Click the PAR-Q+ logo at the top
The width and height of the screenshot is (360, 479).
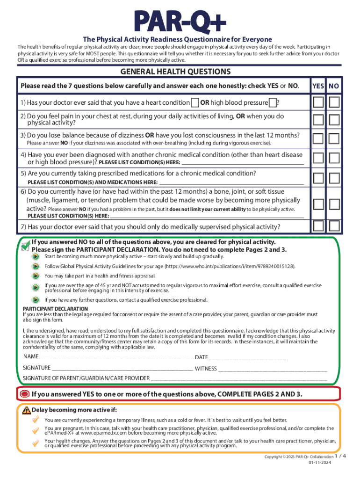[x=180, y=21]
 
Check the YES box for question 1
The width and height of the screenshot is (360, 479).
[x=318, y=102]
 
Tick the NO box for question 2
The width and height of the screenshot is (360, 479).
[x=334, y=120]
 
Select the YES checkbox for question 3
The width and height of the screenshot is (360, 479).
[x=318, y=138]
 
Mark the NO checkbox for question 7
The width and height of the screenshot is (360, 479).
[x=334, y=226]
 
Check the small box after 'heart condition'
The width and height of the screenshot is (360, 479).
[x=194, y=103]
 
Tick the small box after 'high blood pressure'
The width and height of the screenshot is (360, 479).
[x=273, y=103]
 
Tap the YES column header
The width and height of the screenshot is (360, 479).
[x=318, y=86]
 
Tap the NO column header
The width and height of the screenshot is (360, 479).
[x=334, y=86]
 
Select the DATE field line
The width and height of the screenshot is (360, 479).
[x=248, y=357]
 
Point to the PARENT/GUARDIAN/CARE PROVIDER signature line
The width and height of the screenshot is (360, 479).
[x=238, y=378]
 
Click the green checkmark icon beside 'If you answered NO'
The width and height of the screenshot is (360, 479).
[x=25, y=244]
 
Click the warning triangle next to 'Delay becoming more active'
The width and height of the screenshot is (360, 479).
[x=26, y=410]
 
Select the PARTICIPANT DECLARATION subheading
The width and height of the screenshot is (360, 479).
[x=55, y=309]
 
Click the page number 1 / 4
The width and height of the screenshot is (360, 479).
[x=342, y=456]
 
